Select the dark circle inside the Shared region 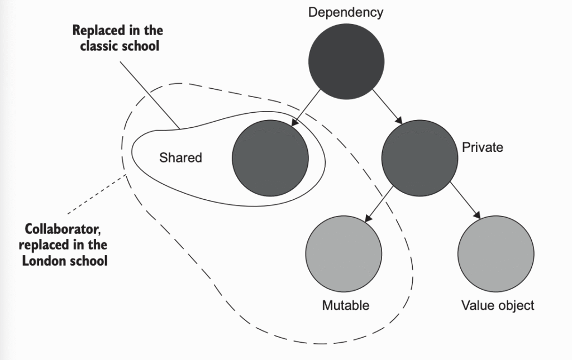tap(270, 158)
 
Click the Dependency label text tap(346, 12)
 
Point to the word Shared tap(180, 158)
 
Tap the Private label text tap(483, 147)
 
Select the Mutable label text tap(346, 305)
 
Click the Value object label tap(498, 305)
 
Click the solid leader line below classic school tap(149, 95)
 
